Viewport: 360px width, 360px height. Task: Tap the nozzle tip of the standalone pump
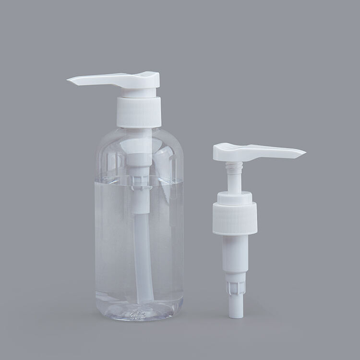point(303,154)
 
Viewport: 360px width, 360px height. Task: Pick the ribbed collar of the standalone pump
point(235,218)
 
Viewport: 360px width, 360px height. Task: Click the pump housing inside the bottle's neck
point(139,158)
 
